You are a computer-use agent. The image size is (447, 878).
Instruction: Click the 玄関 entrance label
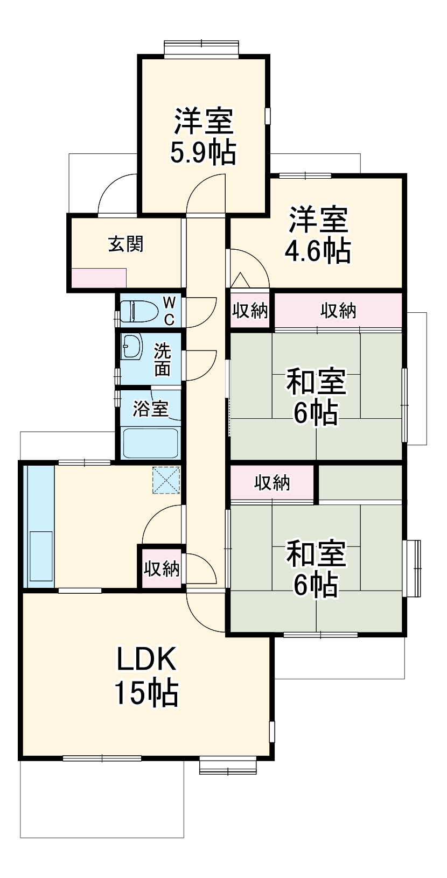(x=126, y=244)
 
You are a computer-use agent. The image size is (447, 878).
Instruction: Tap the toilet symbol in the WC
(x=137, y=311)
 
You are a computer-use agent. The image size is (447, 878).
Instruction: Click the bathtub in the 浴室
(x=150, y=442)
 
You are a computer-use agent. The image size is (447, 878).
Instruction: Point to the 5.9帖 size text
(x=203, y=153)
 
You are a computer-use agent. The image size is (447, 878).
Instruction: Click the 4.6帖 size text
(x=318, y=251)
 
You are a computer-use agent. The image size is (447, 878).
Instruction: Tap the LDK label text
(x=146, y=659)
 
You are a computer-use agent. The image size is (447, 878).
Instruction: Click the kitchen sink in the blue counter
(x=41, y=556)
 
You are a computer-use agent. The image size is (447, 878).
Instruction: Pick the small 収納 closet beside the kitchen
(x=161, y=568)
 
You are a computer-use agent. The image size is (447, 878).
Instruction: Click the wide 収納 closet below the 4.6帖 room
(x=338, y=310)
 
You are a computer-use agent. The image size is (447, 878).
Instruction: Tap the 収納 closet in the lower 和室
(x=272, y=483)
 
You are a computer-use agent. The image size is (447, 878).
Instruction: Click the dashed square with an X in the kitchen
(x=166, y=480)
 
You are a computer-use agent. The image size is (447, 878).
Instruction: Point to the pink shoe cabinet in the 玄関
(x=99, y=278)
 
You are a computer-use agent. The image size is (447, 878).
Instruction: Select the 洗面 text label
(x=163, y=359)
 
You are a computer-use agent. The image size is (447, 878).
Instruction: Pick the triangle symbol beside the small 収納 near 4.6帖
(x=240, y=280)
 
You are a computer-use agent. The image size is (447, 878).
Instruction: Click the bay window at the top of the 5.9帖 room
(x=201, y=48)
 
